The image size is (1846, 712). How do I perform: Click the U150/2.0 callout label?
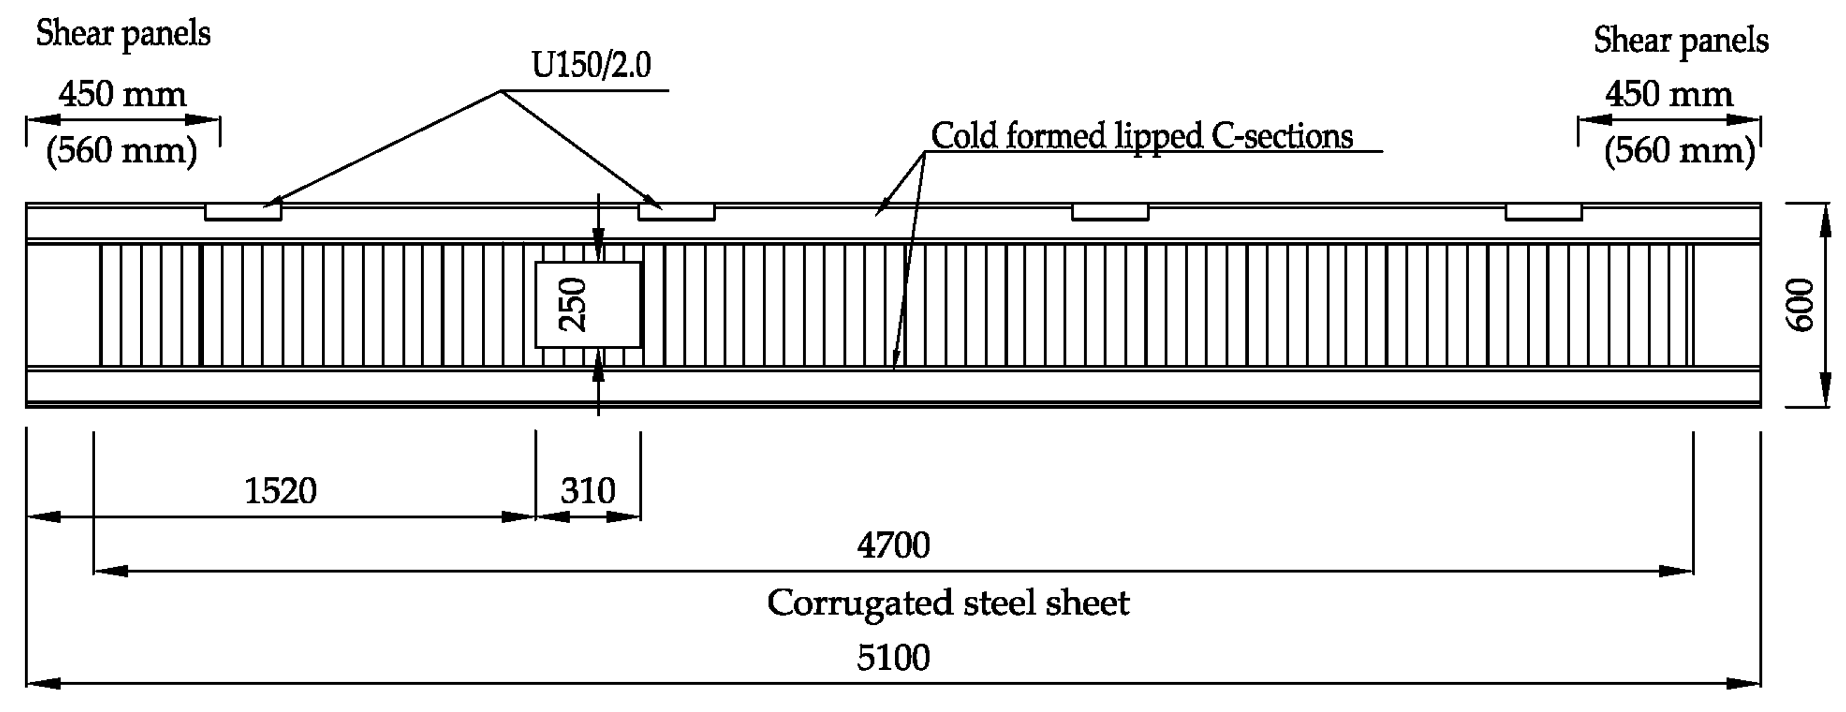click(x=591, y=65)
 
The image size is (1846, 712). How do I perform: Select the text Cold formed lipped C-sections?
click(x=1141, y=136)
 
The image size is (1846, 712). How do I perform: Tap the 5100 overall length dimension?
click(x=893, y=658)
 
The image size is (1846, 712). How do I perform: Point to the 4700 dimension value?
click(x=893, y=545)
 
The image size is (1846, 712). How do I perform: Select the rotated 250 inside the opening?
click(x=572, y=305)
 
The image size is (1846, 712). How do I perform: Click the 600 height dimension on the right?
click(x=1799, y=305)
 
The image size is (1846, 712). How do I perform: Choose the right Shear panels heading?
click(x=1681, y=41)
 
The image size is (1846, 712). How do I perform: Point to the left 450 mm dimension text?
click(x=123, y=95)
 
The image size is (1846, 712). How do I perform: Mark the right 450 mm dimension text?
click(x=1668, y=95)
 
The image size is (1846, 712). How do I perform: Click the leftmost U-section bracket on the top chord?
click(x=243, y=212)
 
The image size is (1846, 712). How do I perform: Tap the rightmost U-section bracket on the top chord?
click(x=1543, y=212)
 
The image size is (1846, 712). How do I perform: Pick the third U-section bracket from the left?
click(x=1109, y=212)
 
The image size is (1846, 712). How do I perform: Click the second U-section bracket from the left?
click(x=676, y=212)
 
